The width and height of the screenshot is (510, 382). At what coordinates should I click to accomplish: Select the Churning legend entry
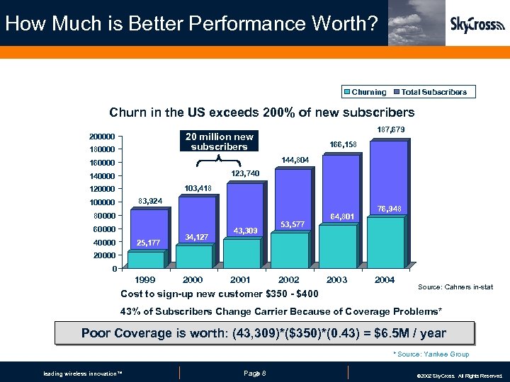click(365, 92)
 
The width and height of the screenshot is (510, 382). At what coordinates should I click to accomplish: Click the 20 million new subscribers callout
click(219, 141)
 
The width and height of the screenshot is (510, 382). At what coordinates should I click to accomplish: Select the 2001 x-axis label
click(241, 279)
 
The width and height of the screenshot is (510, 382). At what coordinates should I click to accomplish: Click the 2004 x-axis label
click(385, 279)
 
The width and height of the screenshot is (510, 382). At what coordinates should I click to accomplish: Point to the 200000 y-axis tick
click(103, 137)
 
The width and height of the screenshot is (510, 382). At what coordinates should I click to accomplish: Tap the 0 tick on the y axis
click(114, 269)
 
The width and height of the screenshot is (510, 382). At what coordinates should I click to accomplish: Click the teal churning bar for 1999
click(146, 260)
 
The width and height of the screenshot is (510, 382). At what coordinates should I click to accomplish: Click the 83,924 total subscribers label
click(150, 202)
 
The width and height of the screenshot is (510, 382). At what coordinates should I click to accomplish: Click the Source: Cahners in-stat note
click(455, 286)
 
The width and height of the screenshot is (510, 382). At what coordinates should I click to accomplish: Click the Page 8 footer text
click(254, 373)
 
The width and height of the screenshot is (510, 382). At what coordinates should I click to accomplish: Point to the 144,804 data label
click(294, 160)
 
